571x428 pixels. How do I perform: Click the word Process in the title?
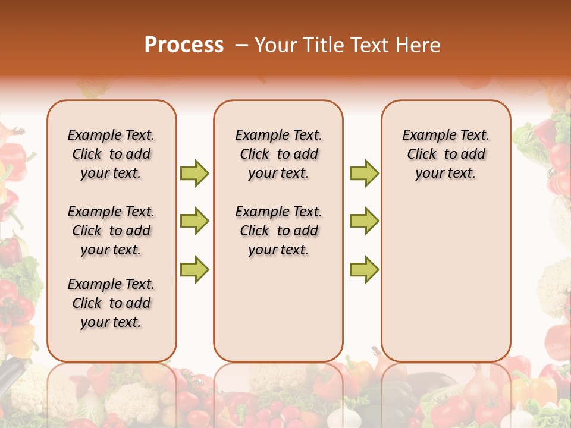pyautogui.click(x=184, y=45)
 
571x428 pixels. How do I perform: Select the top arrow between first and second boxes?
pyautogui.click(x=194, y=173)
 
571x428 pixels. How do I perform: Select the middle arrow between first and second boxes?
pyautogui.click(x=194, y=221)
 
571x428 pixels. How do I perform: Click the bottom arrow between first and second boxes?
pyautogui.click(x=194, y=269)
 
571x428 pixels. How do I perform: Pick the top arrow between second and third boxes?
pyautogui.click(x=364, y=173)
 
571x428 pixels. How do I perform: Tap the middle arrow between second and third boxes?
pyautogui.click(x=364, y=221)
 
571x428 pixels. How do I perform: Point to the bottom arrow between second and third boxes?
pyautogui.click(x=364, y=269)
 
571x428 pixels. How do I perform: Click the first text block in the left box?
pyautogui.click(x=111, y=154)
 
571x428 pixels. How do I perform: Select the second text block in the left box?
pyautogui.click(x=111, y=231)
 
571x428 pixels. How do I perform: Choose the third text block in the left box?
pyautogui.click(x=111, y=303)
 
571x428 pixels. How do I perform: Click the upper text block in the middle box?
pyautogui.click(x=278, y=154)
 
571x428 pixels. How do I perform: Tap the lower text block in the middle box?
pyautogui.click(x=278, y=231)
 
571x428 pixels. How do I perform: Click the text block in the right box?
pyautogui.click(x=445, y=154)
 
